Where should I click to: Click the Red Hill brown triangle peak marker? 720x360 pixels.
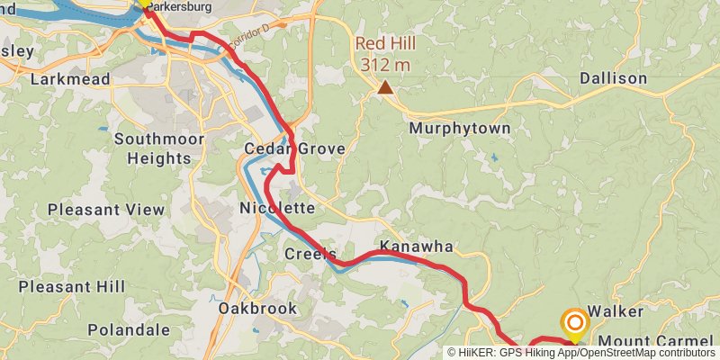(x=385, y=87)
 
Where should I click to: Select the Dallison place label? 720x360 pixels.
(x=613, y=78)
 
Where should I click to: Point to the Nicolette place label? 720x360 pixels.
(x=277, y=208)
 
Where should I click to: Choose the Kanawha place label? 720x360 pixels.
(x=416, y=246)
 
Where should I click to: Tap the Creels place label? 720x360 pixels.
(x=310, y=254)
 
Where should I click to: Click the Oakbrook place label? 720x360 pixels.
(x=257, y=309)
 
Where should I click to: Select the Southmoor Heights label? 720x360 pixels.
(x=158, y=148)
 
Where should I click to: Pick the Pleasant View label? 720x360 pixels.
(x=106, y=210)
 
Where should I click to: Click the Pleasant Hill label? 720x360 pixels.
(x=72, y=287)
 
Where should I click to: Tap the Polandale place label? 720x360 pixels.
(x=129, y=330)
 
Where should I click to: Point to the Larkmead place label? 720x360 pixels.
(x=70, y=79)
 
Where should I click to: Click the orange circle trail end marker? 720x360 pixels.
(x=575, y=322)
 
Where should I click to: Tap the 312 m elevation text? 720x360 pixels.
(x=385, y=65)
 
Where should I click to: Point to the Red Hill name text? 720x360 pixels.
(x=385, y=44)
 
